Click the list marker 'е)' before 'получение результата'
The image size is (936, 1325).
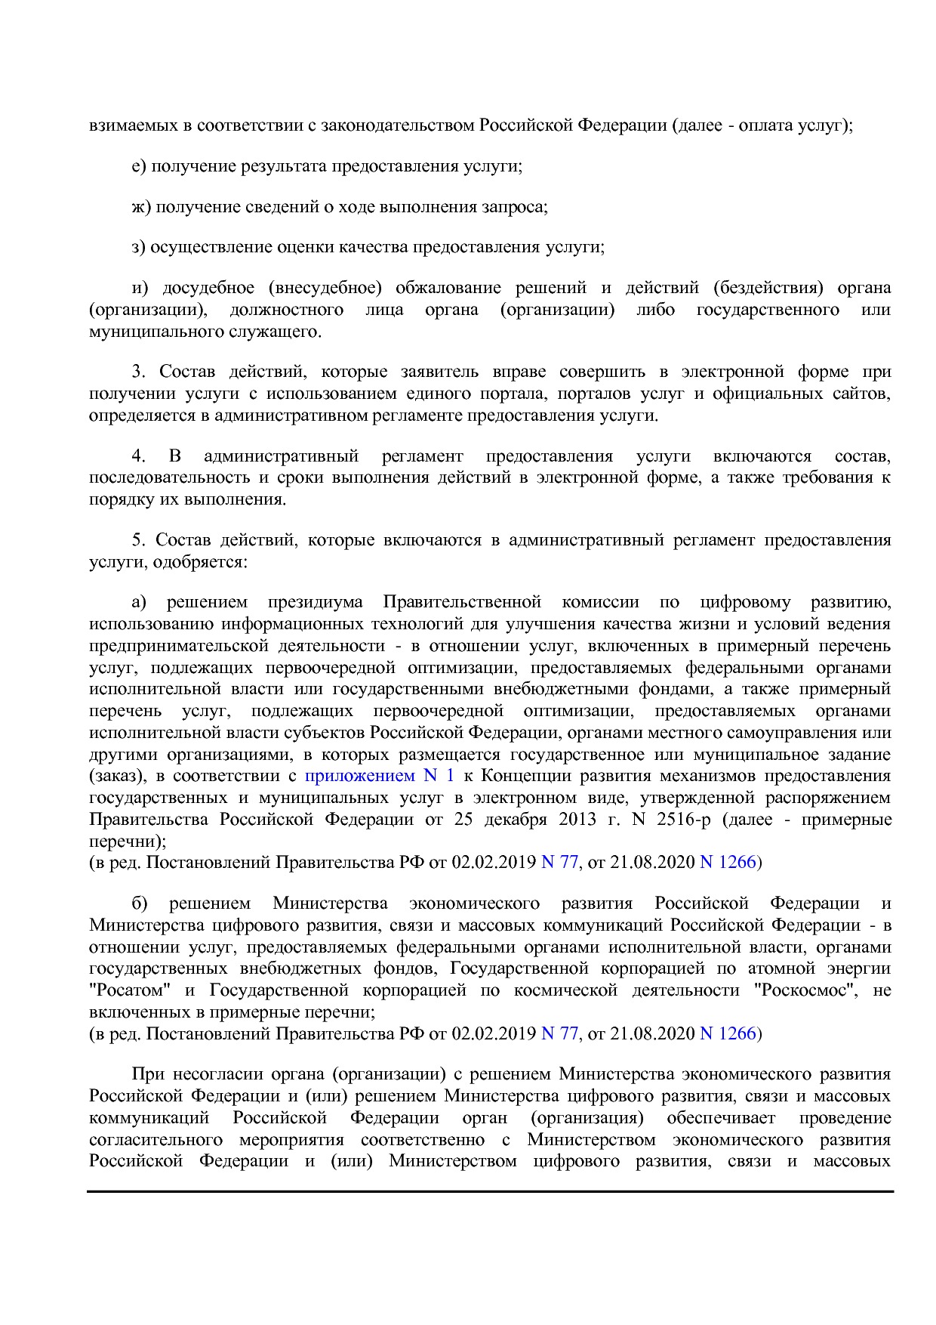pos(138,166)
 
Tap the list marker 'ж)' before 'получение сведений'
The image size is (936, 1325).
pos(141,207)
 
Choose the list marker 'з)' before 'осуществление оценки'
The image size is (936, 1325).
pos(138,247)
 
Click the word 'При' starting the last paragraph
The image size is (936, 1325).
pos(146,1074)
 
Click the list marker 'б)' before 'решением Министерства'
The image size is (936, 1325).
pos(140,903)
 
